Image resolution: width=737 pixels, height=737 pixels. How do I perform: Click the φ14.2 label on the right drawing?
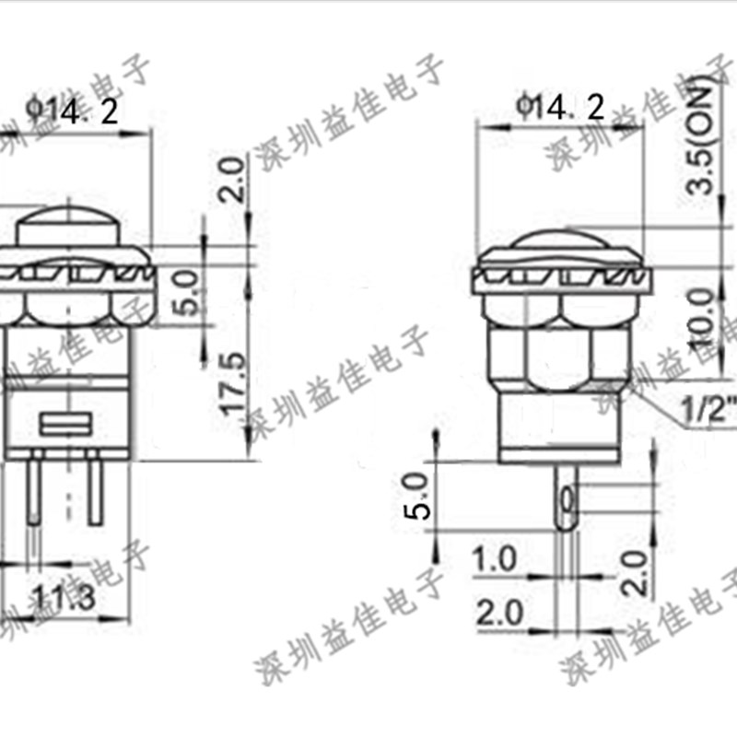tap(561, 109)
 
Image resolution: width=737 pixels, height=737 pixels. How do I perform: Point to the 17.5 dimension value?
tap(233, 383)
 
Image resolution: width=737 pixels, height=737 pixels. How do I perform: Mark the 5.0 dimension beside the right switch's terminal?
tap(418, 497)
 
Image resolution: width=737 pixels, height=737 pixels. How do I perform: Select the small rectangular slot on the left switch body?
tap(68, 425)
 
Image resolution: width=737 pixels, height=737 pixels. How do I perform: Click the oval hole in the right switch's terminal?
tap(566, 501)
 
